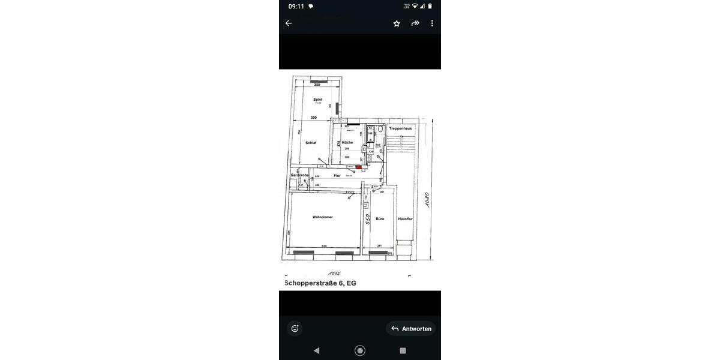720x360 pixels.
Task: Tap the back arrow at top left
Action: (x=289, y=23)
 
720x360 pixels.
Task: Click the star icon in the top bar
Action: (x=397, y=23)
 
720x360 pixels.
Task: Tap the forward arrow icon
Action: (x=415, y=23)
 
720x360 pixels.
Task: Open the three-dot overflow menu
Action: (x=432, y=23)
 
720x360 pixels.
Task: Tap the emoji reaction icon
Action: (x=295, y=328)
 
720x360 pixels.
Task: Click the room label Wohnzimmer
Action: (x=323, y=217)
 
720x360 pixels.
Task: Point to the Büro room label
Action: (x=380, y=219)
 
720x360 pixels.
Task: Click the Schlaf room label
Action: (x=311, y=143)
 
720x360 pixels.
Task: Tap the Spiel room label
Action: (x=318, y=99)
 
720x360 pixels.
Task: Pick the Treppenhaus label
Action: (x=400, y=128)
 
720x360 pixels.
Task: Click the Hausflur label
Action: (x=406, y=219)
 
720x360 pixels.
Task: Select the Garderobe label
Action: (x=299, y=175)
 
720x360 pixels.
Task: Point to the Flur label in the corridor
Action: (x=337, y=176)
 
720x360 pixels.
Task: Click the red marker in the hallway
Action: (x=358, y=167)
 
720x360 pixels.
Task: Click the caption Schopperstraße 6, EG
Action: (x=320, y=283)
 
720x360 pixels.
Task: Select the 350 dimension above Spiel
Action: (x=317, y=85)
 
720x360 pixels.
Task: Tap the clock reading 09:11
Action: (x=296, y=7)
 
